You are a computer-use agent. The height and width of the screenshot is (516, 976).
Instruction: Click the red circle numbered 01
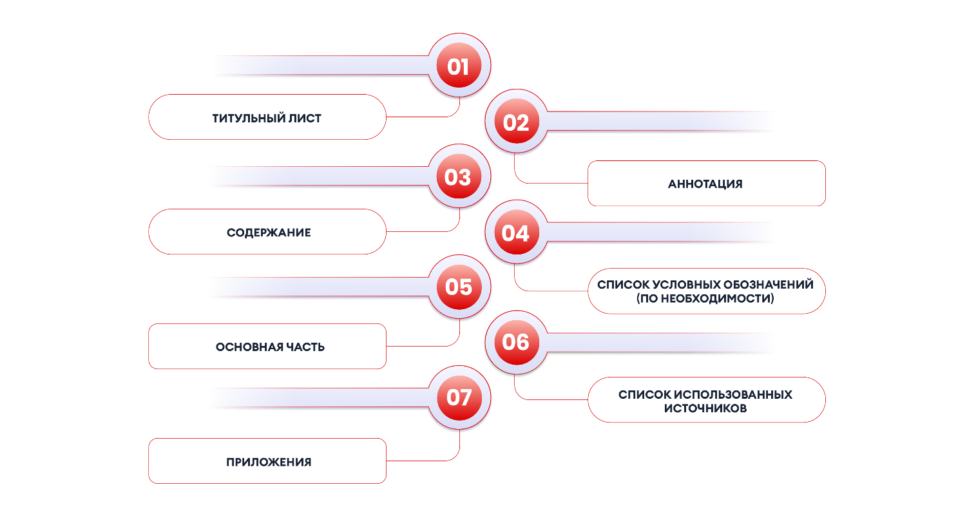coord(459,65)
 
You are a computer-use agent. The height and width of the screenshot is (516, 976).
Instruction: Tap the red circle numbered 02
coord(516,121)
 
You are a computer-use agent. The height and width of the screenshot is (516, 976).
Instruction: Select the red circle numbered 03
coord(459,176)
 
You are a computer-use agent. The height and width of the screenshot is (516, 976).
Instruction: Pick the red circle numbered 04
coord(516,232)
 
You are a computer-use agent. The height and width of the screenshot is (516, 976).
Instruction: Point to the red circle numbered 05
coord(459,287)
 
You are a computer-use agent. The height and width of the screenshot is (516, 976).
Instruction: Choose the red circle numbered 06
coord(516,343)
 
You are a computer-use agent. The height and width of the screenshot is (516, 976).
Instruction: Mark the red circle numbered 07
coord(459,397)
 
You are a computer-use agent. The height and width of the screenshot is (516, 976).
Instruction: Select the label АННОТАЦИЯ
coord(705,184)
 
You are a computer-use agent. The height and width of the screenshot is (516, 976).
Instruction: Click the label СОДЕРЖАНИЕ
coord(269,233)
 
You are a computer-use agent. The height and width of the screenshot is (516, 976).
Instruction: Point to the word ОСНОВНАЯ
coord(249,347)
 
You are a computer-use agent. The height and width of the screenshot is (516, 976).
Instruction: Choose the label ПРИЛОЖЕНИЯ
coord(269,462)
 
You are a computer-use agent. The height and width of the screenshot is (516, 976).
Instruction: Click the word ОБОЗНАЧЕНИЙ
coord(770,285)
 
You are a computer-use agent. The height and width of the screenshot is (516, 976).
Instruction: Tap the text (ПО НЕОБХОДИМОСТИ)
coord(705,298)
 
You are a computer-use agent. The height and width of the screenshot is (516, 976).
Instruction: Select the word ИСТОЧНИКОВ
coord(705,408)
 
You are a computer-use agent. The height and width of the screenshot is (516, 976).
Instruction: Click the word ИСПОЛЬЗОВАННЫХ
coord(733,394)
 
